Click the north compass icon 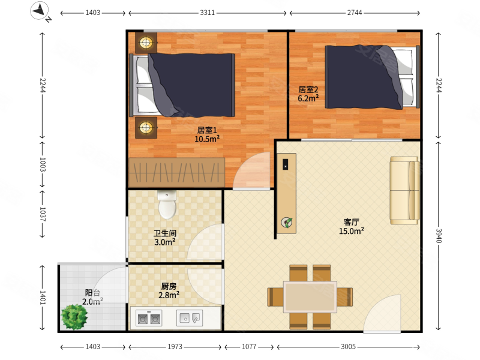pos(39,11)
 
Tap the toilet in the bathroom pos(167,205)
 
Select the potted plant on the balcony pos(74,317)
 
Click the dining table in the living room pos(310,296)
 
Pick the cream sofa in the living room pos(404,190)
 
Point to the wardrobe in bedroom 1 pos(176,172)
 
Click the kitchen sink pos(190,318)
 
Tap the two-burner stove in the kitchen pos(149,318)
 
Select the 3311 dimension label pos(207,13)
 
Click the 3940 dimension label pos(439,236)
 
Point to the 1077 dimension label pos(249,347)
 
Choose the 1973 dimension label pos(175,347)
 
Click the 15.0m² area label pos(352,231)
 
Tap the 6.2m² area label pos(308,98)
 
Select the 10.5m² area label pos(207,139)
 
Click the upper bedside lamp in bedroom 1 pos(146,43)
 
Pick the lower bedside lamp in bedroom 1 pos(146,127)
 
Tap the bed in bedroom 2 pos(372,77)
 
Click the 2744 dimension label pos(355,13)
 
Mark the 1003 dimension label pos(43,164)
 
